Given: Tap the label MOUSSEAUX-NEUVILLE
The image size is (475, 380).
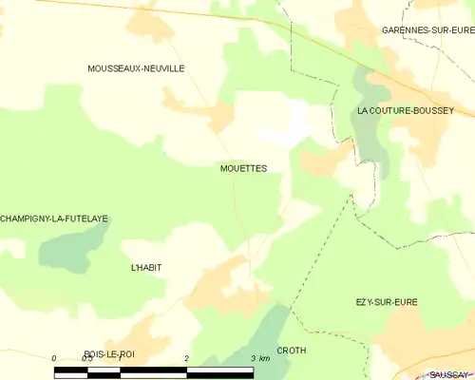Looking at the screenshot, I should tap(135, 68).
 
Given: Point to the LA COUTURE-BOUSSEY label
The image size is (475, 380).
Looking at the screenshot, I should tap(403, 110).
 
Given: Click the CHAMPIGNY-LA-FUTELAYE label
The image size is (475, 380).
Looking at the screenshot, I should tap(53, 218).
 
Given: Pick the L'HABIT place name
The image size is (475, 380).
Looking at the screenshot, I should tap(145, 268).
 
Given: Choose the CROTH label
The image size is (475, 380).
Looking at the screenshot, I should tap(291, 351).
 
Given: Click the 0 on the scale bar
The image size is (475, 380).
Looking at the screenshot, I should tap(55, 358).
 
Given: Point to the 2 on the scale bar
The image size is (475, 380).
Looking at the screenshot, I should tap(187, 358).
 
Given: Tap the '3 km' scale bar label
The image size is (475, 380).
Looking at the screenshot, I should tap(259, 358).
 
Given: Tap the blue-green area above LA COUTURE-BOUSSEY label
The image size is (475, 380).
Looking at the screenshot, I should tap(365, 85).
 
